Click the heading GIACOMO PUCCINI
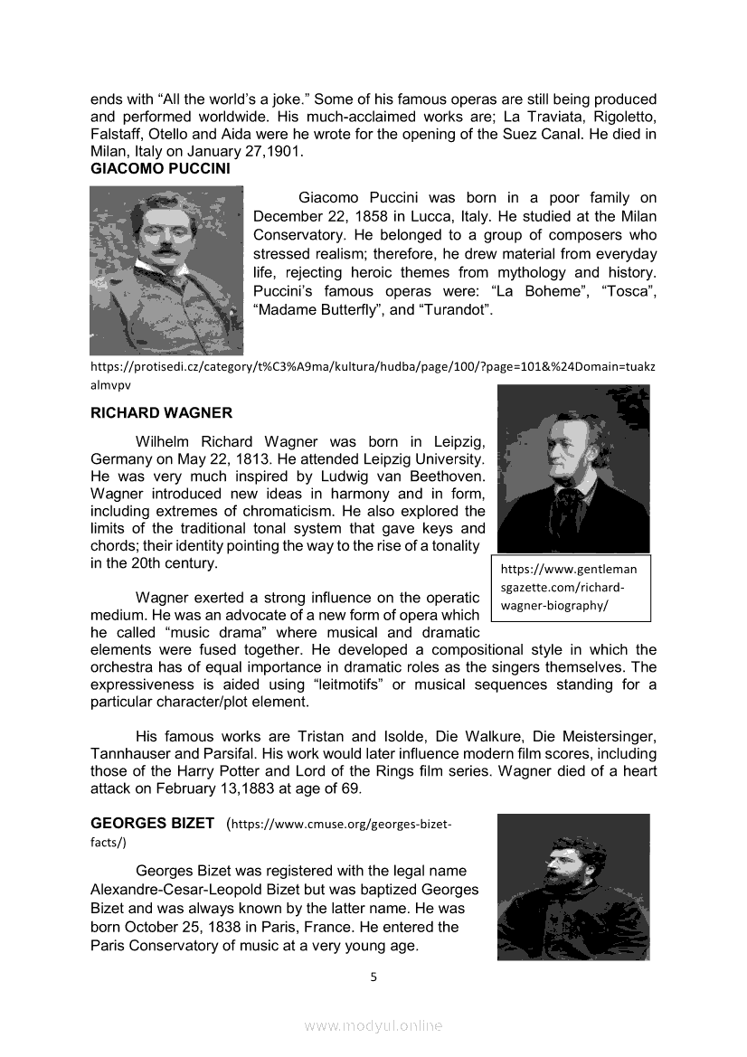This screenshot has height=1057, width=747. point(160,168)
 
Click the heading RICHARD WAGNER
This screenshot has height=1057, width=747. point(161,413)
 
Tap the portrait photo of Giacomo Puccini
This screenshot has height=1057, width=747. point(166,269)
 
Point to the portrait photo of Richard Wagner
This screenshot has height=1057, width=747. point(573,467)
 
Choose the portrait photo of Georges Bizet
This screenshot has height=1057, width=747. point(573,886)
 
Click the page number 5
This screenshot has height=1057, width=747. point(373,977)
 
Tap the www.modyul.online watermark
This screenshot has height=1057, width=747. point(373,1025)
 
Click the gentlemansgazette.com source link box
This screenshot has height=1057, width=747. point(571,588)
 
